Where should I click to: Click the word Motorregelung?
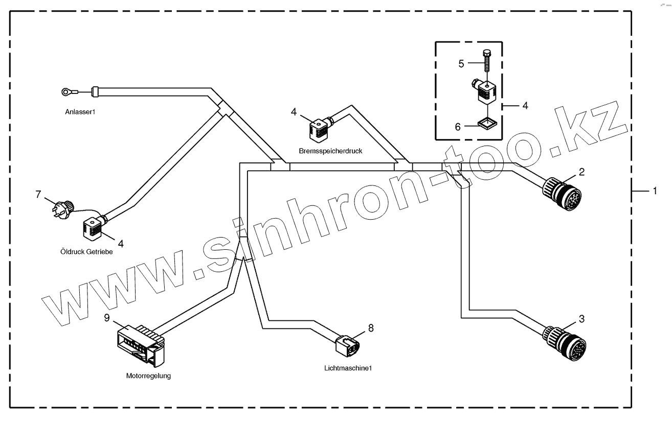[x=148, y=376]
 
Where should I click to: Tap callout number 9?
[x=107, y=318]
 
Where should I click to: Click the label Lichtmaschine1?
[x=348, y=367]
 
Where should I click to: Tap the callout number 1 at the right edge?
[x=654, y=191]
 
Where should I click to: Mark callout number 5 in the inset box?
[x=461, y=64]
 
